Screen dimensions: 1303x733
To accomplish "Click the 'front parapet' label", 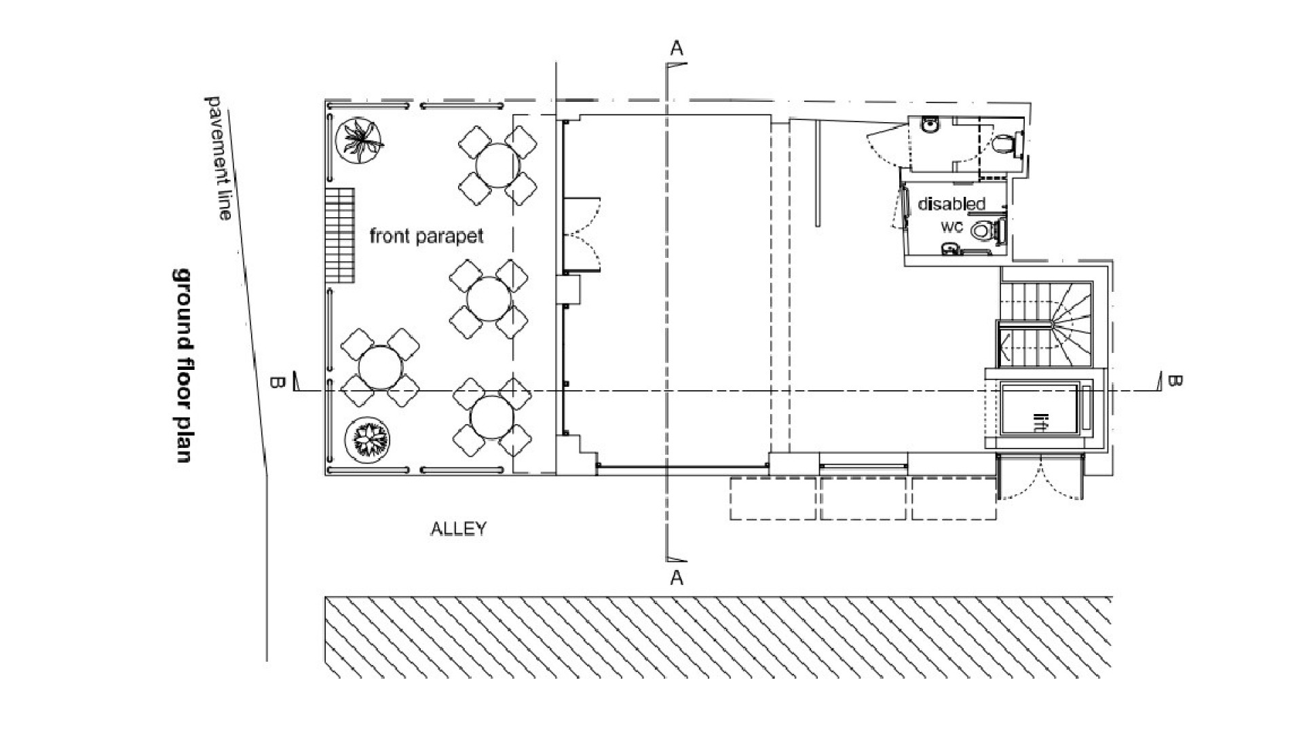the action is (426, 236).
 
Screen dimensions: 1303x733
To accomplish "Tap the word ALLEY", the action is (459, 529).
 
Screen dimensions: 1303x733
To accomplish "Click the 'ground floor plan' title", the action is (183, 365).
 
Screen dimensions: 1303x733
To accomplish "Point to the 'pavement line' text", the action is (219, 157).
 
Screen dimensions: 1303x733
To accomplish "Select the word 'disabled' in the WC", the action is (951, 204).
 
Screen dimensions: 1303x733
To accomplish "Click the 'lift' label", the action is (1038, 424).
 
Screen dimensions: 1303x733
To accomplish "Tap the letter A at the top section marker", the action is (677, 48).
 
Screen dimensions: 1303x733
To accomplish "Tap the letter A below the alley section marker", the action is (677, 578).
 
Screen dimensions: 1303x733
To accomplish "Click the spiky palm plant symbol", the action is (359, 141).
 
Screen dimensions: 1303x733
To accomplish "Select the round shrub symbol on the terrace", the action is (368, 439).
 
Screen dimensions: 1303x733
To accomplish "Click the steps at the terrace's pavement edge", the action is (339, 235).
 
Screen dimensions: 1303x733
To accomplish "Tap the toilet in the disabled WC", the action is (983, 231).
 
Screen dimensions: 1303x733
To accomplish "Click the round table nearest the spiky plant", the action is (497, 166).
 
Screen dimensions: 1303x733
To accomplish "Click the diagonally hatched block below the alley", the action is (718, 637).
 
